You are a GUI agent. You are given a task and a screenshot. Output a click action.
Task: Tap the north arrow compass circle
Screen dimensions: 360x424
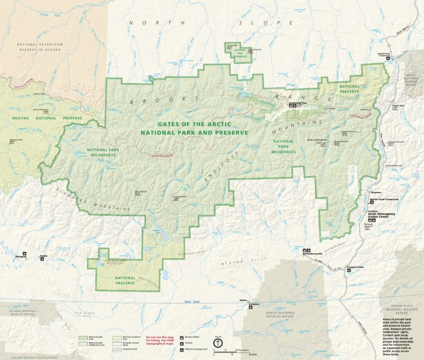(x=217, y=343)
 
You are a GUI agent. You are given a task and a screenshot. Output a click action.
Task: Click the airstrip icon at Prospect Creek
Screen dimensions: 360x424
(x=349, y=270)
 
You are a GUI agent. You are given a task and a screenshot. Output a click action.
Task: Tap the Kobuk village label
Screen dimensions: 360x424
(x=43, y=256)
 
